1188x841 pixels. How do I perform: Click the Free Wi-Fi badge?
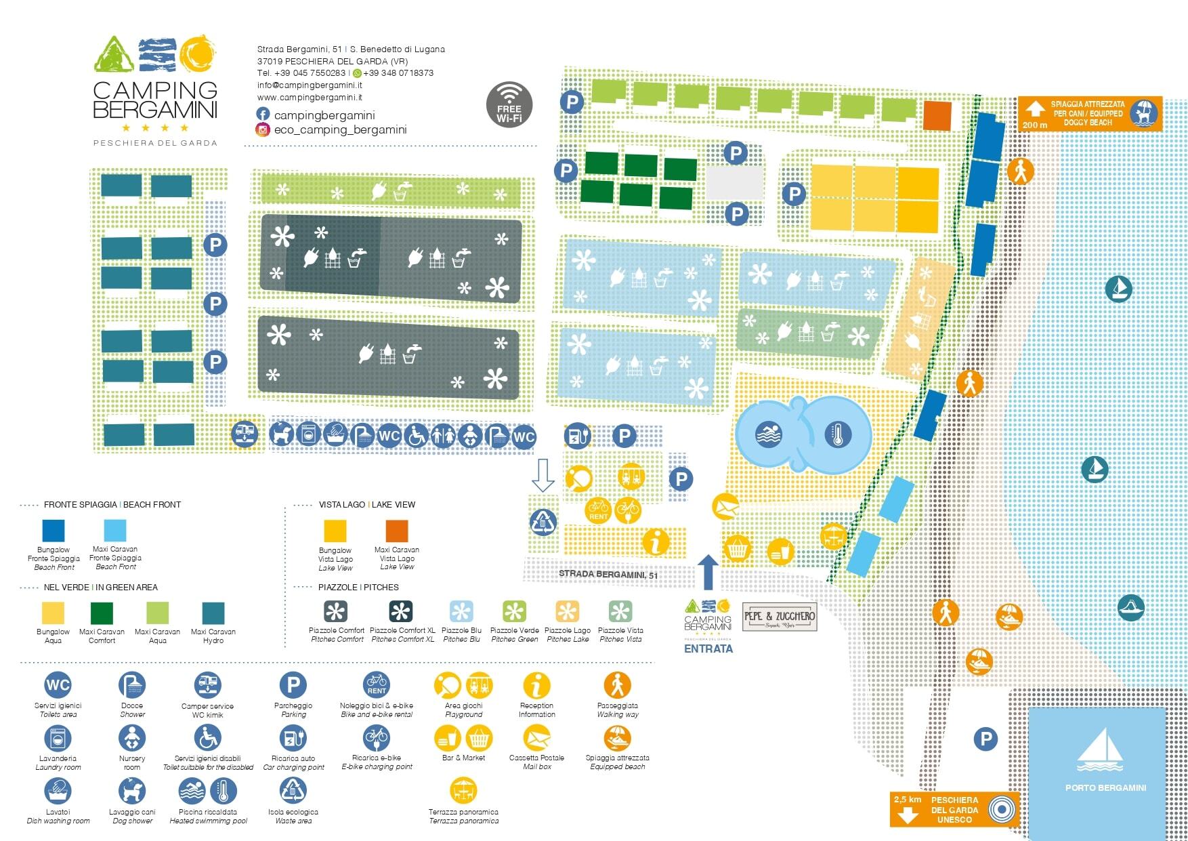509,104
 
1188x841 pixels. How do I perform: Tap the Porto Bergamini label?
1105,787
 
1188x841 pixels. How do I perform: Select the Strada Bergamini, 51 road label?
608,575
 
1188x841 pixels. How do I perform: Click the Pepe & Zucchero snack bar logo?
780,617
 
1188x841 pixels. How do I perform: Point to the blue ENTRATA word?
708,649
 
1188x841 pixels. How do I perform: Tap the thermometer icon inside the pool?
838,434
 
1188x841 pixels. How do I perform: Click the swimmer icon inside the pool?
769,434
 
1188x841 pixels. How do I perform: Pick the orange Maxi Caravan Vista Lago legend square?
397,531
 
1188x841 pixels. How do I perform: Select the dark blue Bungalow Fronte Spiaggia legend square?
54,531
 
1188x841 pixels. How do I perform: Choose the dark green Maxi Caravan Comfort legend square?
102,613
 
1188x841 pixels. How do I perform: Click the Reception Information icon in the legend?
536,686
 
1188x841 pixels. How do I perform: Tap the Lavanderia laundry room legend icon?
58,739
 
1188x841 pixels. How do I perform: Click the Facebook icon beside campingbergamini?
263,115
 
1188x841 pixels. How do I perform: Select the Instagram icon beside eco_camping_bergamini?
263,129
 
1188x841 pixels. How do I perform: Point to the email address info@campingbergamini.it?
310,85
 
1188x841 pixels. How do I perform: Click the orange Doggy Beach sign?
1090,113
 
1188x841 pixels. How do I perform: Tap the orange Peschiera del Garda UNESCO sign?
954,809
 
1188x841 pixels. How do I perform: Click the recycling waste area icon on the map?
543,522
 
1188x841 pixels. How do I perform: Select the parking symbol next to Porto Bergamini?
985,739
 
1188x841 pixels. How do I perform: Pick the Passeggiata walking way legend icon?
617,686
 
